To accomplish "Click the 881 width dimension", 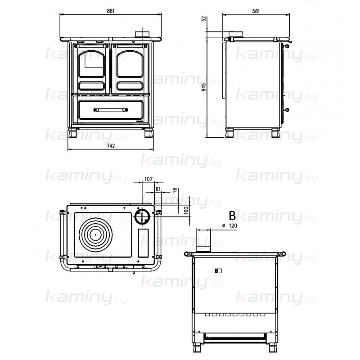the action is (x=111, y=11).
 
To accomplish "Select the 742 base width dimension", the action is (x=111, y=146).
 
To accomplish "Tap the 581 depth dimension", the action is (x=256, y=11).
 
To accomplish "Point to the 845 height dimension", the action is (x=204, y=87).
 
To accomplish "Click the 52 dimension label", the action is (x=204, y=19).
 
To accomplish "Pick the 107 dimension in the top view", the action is (x=148, y=179).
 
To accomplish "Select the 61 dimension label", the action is (x=158, y=189).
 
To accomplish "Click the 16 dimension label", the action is (x=175, y=190).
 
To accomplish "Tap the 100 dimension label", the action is (x=186, y=210).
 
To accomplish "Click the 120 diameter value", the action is (x=233, y=226).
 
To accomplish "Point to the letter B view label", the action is (x=232, y=216).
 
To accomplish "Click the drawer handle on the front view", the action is (x=111, y=109).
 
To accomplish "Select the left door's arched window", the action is (x=91, y=64).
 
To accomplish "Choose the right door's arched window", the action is (x=130, y=64).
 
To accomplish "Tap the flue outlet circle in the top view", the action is (x=142, y=216).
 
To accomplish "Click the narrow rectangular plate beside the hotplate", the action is (x=143, y=243).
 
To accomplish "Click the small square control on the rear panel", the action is (x=218, y=271).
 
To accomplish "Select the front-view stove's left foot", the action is (x=72, y=133).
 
